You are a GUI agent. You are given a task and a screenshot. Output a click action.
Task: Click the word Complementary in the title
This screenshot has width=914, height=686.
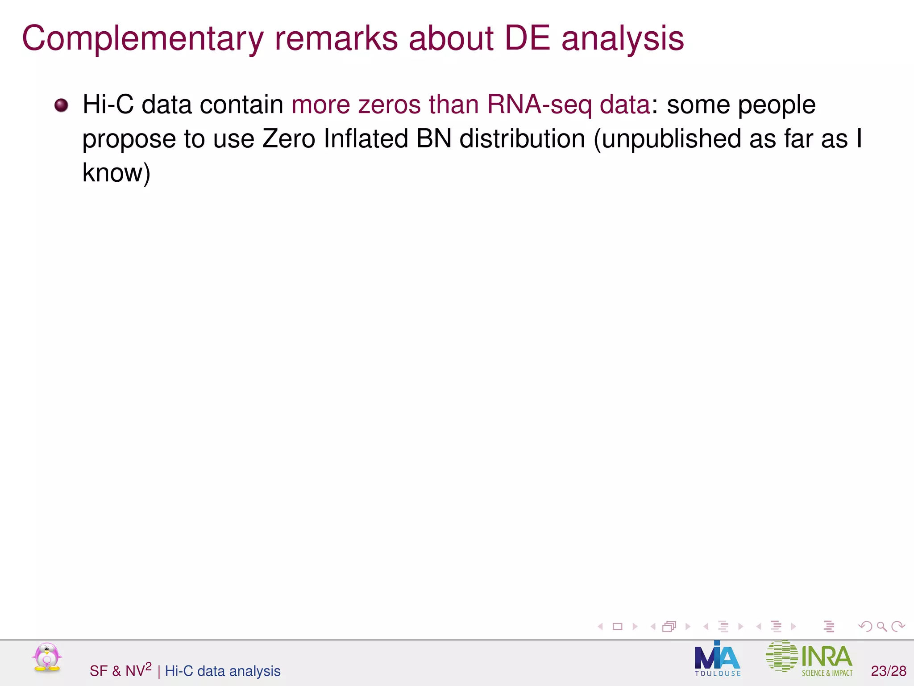tap(142, 39)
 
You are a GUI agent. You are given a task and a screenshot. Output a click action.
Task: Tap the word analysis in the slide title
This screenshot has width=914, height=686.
tap(622, 39)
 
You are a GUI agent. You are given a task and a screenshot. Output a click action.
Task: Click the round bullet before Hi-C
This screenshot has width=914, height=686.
tap(61, 105)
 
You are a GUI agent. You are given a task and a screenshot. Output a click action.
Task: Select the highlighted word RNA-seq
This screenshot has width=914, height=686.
tap(539, 105)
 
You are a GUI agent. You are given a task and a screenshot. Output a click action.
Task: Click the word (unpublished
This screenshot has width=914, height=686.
tap(667, 138)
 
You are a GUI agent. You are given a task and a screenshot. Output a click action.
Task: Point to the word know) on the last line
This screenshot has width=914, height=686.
tap(116, 173)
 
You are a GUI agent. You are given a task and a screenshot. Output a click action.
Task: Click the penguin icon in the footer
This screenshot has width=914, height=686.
tap(46, 657)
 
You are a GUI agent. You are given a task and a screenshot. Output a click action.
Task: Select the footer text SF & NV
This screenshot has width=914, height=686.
tap(120, 670)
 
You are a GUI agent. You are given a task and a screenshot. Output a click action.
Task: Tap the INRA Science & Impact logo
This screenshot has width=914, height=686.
tap(809, 659)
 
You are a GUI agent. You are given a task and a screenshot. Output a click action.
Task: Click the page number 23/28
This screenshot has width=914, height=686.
tap(888, 671)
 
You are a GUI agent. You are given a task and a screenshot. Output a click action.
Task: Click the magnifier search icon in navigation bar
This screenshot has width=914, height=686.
tap(881, 627)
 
